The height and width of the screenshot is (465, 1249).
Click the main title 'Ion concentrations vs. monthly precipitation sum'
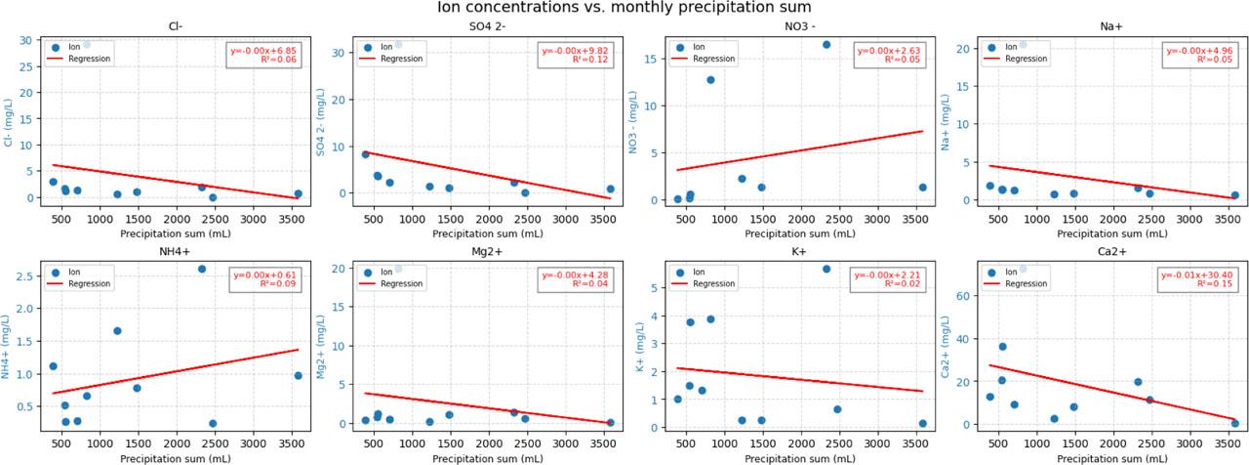tap(624, 8)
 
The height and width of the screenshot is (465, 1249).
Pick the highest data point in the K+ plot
tap(826, 269)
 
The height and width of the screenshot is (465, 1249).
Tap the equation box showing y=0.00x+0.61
tap(265, 279)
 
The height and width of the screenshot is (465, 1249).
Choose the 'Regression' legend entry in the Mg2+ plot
tap(399, 284)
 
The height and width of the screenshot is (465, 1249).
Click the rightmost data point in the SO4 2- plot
tap(611, 190)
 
